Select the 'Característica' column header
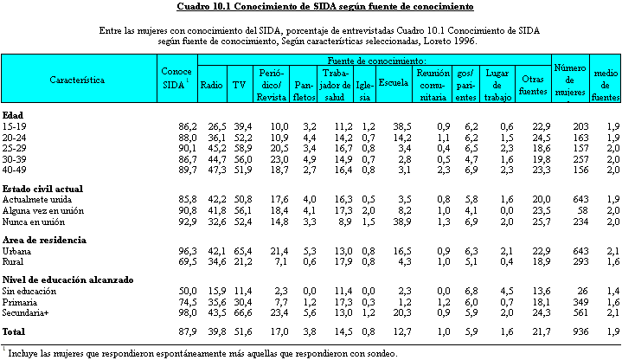pos(77,80)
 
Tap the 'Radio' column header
pos(211,85)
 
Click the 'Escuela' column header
pos(394,82)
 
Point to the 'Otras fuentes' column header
pos(533,85)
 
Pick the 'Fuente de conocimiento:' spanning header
pos(376,61)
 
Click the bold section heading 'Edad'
pos(13,115)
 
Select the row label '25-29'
pos(15,149)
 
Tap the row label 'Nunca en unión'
pos(34,222)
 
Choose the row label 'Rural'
pos(13,262)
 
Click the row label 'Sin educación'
pos(29,291)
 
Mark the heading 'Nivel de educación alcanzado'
pos(67,280)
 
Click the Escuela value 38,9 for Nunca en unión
pos(402,222)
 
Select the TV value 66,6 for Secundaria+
pos(243,312)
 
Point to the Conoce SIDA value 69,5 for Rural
pos(187,262)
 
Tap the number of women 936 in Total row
pos(580,331)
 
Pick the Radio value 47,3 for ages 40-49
pos(217,170)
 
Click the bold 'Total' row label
pos(14,331)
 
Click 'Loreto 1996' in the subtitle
pos(450,41)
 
